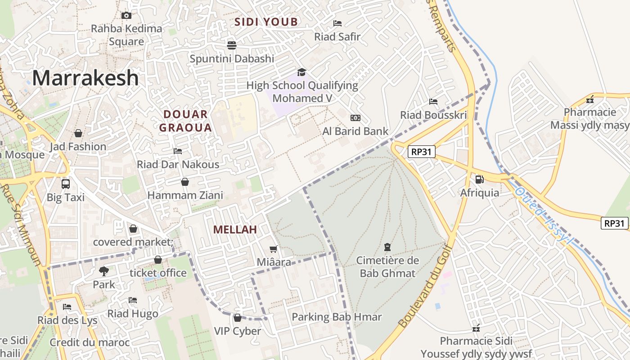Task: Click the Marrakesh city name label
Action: click(x=85, y=78)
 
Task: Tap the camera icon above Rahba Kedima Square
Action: click(x=126, y=15)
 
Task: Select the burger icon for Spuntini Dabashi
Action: click(x=232, y=45)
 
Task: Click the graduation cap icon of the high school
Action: click(x=301, y=72)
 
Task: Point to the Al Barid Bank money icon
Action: click(x=355, y=118)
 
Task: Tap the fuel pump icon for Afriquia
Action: click(x=480, y=180)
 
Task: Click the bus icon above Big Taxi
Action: click(x=66, y=184)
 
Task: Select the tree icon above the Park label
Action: click(x=104, y=271)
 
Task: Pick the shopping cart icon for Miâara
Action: click(x=273, y=249)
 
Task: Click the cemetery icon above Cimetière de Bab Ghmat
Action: click(x=387, y=247)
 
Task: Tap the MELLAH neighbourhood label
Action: click(x=235, y=229)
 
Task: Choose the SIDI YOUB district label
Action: click(x=266, y=22)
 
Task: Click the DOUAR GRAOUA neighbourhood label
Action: click(x=185, y=121)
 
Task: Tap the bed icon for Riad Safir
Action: click(x=337, y=23)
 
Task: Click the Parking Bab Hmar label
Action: click(x=337, y=317)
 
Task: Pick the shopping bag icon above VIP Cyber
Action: click(x=238, y=318)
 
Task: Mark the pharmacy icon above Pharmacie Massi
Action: click(x=590, y=99)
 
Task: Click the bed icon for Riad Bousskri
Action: click(x=433, y=102)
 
